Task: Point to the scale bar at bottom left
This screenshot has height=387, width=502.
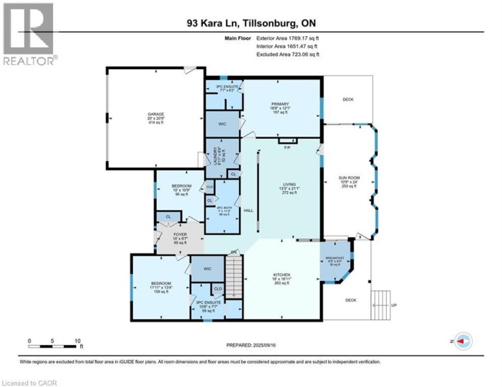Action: (54, 342)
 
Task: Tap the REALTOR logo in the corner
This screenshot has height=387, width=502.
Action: (28, 35)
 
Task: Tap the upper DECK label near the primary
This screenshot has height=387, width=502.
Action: (348, 100)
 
